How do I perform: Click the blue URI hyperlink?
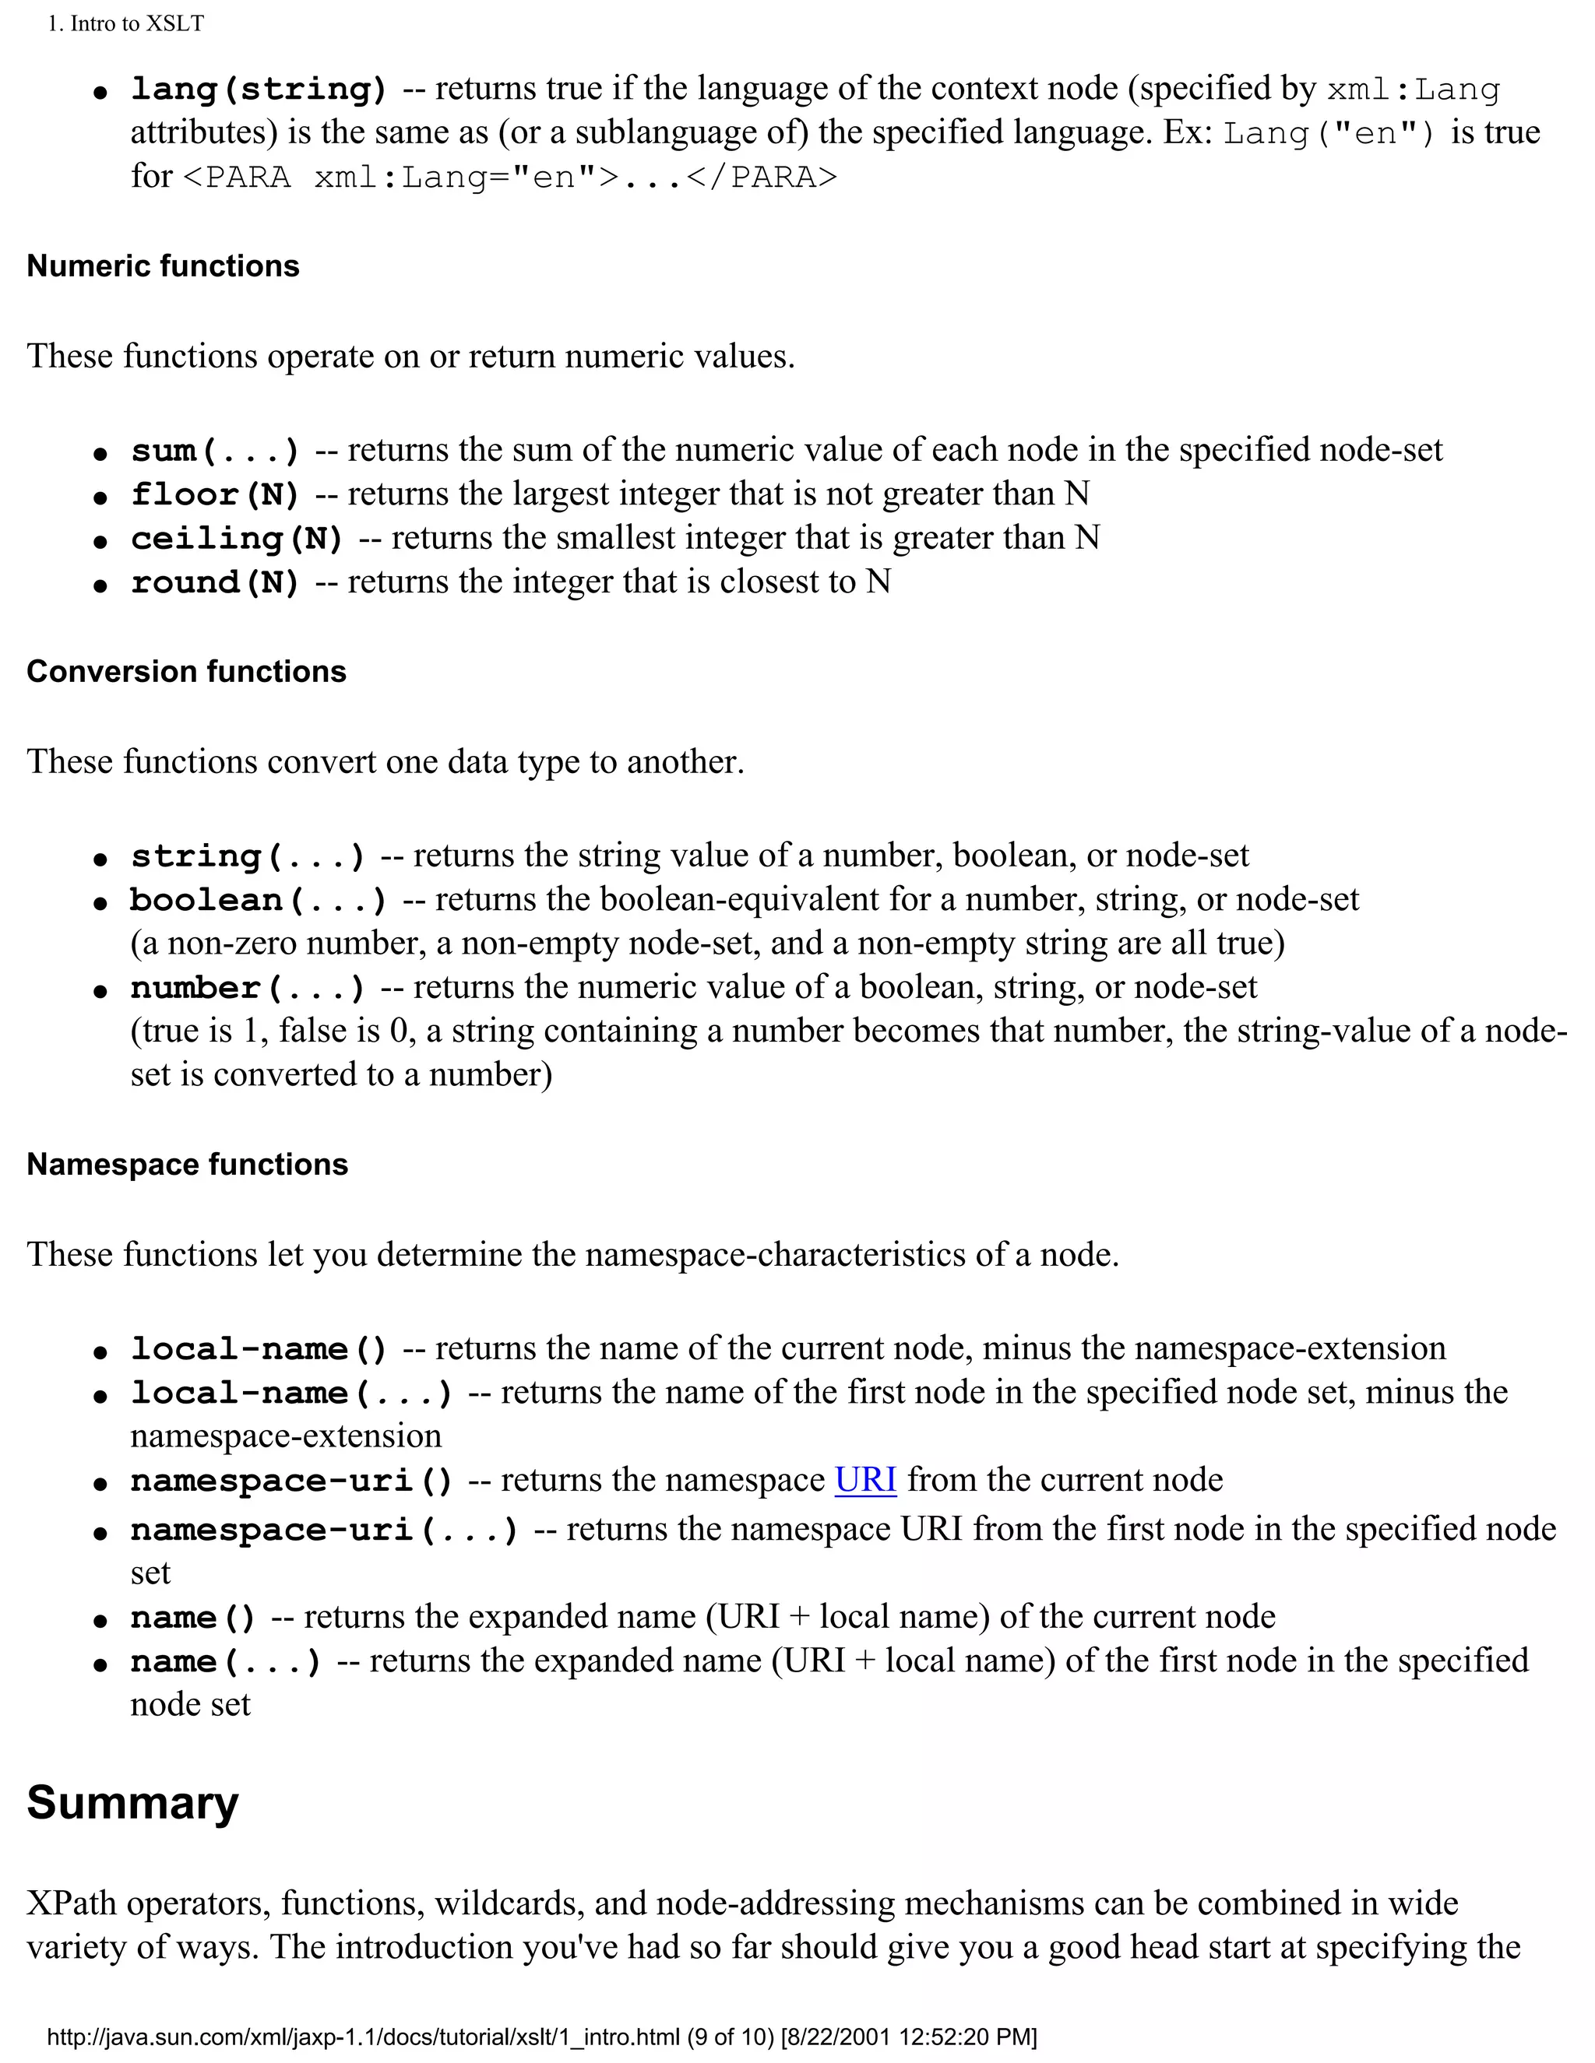click(x=864, y=1479)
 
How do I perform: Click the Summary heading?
click(x=132, y=1802)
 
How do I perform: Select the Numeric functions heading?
click(x=163, y=266)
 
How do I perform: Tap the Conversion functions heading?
click(x=186, y=672)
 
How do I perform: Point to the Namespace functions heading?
click(x=187, y=1165)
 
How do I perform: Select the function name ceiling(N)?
click(x=236, y=539)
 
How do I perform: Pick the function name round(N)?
click(x=214, y=582)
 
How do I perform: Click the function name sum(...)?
click(x=214, y=451)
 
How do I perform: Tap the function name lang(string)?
click(x=259, y=89)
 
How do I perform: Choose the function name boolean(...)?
click(x=259, y=900)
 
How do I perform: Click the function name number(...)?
click(x=248, y=988)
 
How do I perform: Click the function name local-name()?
click(x=259, y=1349)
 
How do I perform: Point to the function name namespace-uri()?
click(x=291, y=1480)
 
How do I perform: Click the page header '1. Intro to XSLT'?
click(x=125, y=23)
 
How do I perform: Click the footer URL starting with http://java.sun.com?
click(x=540, y=2037)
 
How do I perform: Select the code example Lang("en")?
click(x=1329, y=133)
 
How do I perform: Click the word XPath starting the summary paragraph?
click(x=71, y=1903)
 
